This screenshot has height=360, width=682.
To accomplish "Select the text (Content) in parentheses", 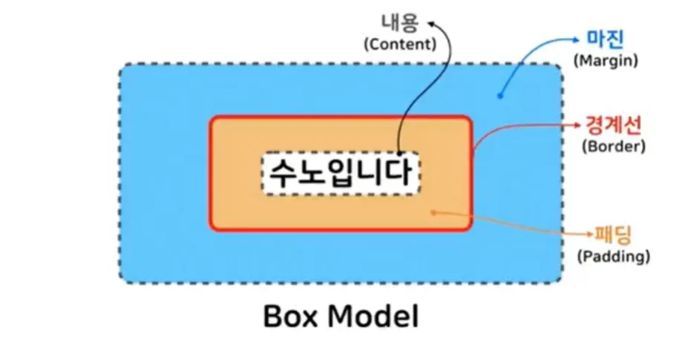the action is tap(399, 44).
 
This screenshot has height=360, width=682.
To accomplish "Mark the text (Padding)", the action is tap(613, 257).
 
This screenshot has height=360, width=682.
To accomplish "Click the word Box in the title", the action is tap(292, 317).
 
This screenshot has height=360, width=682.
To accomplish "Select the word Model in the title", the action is tap(374, 317).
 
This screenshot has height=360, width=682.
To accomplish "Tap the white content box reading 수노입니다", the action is tap(341, 174).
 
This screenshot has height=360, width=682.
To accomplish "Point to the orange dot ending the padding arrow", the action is tap(433, 212).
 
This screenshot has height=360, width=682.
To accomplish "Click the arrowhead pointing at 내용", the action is tap(428, 25).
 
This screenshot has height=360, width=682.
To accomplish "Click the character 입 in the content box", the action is tap(341, 174).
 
